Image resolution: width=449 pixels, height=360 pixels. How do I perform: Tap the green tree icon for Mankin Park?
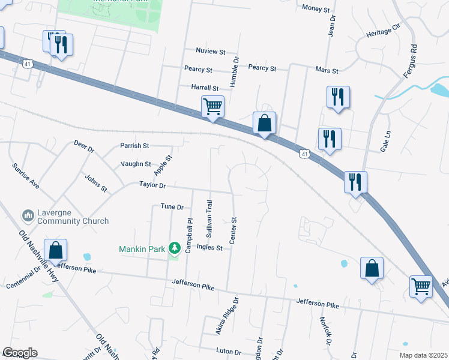[175, 247]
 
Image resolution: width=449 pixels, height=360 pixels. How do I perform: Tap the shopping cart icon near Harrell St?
[212, 107]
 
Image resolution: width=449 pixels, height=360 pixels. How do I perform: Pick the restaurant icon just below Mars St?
[338, 97]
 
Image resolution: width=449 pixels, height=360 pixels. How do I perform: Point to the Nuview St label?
[210, 51]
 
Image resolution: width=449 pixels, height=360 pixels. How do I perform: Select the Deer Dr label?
[84, 146]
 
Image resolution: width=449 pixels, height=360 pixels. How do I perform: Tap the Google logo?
[20, 353]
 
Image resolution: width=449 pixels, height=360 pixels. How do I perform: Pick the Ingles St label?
[211, 248]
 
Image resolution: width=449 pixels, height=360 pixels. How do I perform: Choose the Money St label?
[316, 8]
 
